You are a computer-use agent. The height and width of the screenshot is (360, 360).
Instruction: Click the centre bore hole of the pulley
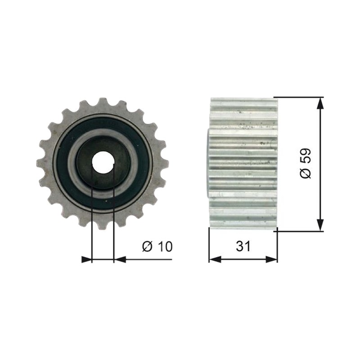(103, 163)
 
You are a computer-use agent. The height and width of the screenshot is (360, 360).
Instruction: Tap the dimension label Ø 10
(157, 246)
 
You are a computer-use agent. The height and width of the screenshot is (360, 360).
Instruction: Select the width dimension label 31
(243, 246)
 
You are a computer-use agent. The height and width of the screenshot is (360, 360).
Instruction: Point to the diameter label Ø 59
(306, 163)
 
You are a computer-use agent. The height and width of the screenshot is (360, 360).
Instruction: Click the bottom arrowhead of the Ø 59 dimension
(320, 225)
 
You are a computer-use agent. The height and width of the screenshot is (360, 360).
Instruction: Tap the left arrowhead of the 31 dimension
(215, 260)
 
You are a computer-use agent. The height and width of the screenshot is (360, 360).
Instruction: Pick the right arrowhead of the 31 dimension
(271, 260)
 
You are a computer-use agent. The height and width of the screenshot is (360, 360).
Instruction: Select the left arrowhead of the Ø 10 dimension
(86, 260)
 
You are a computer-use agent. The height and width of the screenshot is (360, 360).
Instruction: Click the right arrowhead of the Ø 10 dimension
(120, 260)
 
